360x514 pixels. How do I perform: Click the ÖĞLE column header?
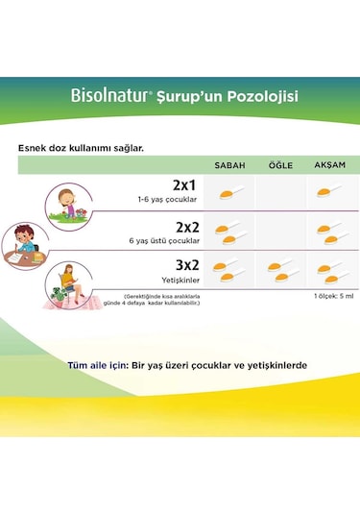point(280,165)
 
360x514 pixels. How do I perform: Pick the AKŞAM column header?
point(330,165)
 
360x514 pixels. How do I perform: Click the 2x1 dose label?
point(184,185)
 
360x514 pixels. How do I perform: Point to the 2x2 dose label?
point(184,227)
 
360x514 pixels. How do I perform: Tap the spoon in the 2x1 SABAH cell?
point(228,194)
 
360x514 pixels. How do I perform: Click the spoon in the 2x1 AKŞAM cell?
point(328,194)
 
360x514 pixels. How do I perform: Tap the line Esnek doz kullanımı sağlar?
point(82,148)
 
